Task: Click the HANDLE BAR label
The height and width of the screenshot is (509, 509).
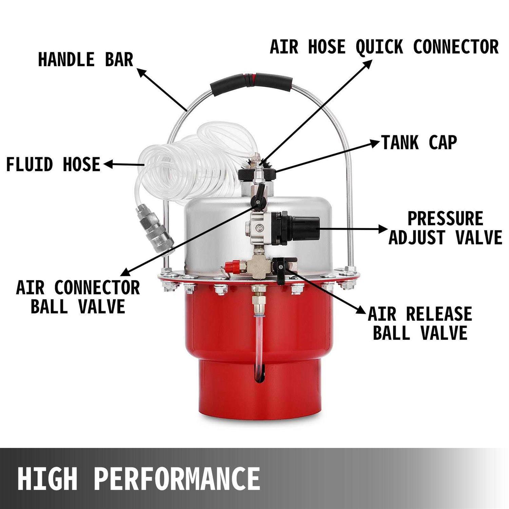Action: (86, 60)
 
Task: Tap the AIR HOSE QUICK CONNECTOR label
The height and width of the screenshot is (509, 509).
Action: (384, 47)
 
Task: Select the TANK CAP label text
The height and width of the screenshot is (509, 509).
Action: (419, 143)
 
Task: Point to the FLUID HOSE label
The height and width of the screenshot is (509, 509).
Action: (53, 165)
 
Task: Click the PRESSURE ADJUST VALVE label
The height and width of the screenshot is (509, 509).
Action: (445, 228)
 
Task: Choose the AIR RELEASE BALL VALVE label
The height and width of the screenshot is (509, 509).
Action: (420, 323)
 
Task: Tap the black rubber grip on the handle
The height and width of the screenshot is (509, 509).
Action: (251, 82)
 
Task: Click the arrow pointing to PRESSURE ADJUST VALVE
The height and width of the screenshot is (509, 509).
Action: (353, 229)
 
